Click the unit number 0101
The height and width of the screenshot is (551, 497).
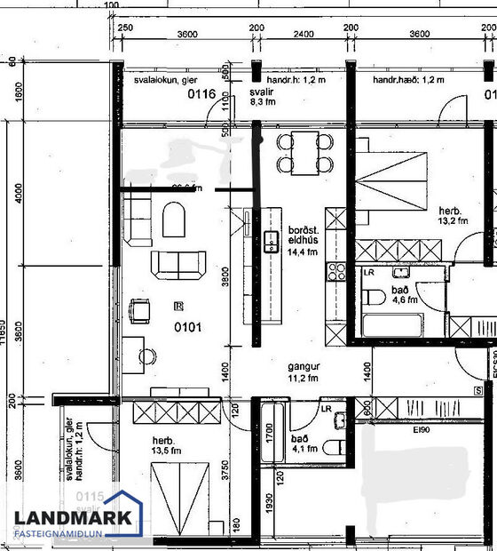click(187, 326)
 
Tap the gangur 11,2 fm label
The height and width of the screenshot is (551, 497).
click(303, 371)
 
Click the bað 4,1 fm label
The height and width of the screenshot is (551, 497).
click(301, 443)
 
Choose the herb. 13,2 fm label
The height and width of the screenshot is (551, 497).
click(453, 216)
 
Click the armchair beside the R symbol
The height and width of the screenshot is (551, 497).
click(140, 311)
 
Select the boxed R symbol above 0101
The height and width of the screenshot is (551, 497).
click(179, 306)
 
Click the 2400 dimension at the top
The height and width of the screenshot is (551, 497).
click(304, 34)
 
